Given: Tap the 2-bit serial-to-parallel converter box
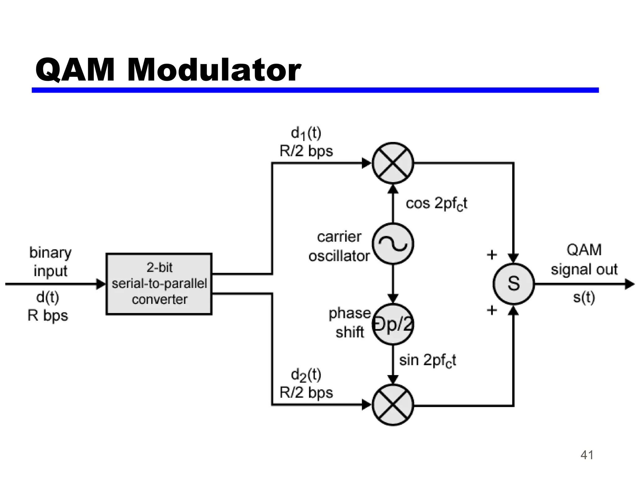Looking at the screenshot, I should pos(159,284).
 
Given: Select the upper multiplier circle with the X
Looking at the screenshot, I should pos(393,163).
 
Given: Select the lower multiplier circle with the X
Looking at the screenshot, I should pos(393,405).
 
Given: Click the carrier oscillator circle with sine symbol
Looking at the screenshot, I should pos(393,244).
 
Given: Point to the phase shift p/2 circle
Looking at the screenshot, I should pos(393,324).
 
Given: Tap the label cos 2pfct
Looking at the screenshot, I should pos(436,204).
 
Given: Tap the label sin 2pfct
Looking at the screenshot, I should pos(428,361).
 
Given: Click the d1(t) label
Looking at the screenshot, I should pos(306,134).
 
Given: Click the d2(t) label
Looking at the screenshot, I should pos(306,375).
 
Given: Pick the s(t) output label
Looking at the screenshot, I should pos(584,298).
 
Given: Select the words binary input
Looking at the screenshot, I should pos(50,261).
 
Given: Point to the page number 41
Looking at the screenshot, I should pos(587,455).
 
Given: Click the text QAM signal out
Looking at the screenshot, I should pos(584,260).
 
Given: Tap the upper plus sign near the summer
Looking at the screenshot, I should pos(492,255).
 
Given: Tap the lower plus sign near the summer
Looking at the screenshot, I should pos(492,310).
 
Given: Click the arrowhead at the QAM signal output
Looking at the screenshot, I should pos(629,284).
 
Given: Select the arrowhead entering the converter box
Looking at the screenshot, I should pos(101,284).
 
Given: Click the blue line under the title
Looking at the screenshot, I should pos(315,90).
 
